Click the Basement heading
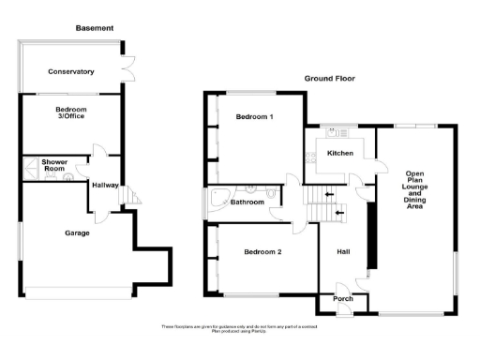[95, 29]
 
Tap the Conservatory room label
[71, 71]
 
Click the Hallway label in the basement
[105, 185]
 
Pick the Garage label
[78, 232]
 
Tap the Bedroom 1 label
[254, 117]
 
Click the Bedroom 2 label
[262, 251]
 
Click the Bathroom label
[247, 202]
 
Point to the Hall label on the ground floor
[342, 250]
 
